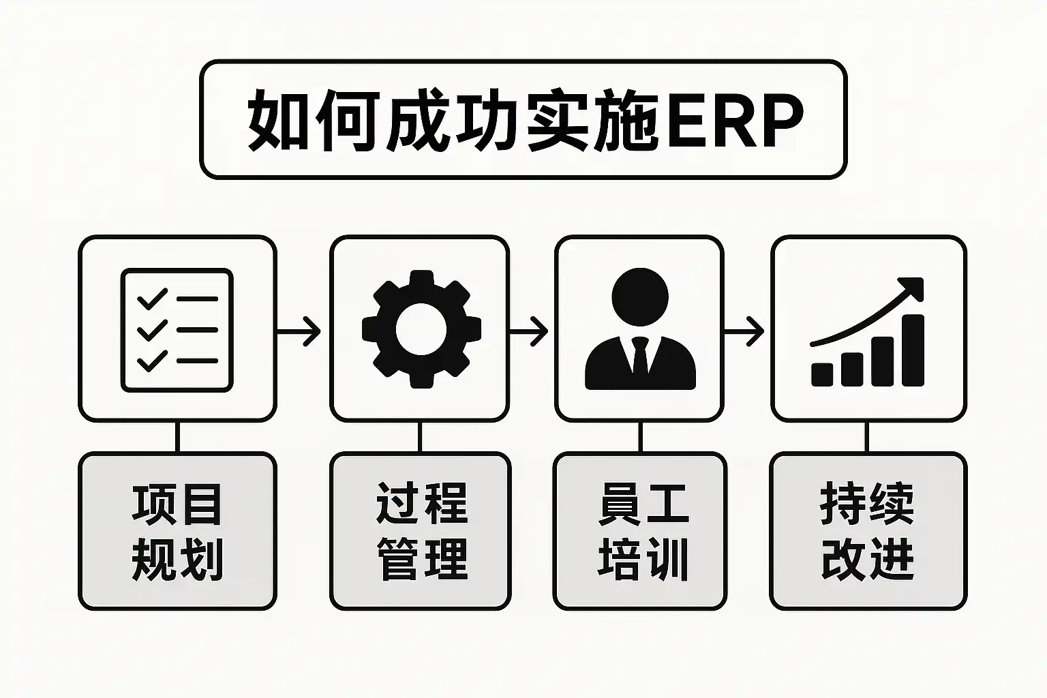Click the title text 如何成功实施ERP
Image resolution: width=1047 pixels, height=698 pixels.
(x=523, y=120)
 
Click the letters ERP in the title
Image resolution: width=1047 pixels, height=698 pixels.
(x=735, y=121)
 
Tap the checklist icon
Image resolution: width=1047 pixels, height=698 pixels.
(x=177, y=331)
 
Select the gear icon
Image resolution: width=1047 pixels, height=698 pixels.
(x=421, y=330)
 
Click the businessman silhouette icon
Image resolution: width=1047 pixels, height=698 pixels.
(x=640, y=330)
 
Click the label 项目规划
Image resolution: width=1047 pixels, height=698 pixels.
(x=177, y=531)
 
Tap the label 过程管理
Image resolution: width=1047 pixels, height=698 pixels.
(x=421, y=531)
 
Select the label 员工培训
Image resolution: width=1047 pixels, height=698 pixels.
(x=641, y=531)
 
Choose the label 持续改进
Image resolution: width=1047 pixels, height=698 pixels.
(x=868, y=531)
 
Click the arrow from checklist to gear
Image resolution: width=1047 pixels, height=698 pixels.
(x=300, y=331)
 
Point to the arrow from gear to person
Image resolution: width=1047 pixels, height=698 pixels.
(x=529, y=331)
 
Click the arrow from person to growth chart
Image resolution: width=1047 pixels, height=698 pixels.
(x=744, y=331)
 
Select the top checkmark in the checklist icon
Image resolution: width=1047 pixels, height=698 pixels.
(x=151, y=299)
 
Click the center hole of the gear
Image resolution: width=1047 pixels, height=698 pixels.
(x=421, y=330)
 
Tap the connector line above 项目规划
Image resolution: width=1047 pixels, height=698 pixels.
(x=177, y=437)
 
